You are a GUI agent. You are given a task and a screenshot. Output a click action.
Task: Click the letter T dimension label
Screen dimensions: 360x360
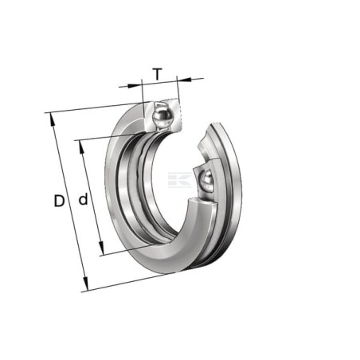click(x=158, y=74)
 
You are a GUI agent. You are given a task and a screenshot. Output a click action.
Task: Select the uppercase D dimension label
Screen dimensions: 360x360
click(x=59, y=201)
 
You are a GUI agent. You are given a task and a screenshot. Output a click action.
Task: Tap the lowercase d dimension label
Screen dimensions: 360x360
click(x=83, y=199)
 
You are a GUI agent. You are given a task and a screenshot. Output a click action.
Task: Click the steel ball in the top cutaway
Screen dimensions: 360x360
click(x=162, y=116)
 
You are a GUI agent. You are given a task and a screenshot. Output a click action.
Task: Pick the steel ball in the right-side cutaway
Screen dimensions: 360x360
click(x=207, y=181)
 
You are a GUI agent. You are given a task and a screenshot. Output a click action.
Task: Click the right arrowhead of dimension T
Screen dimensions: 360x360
click(x=184, y=79)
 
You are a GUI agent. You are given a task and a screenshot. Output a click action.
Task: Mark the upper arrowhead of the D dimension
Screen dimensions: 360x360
click(x=52, y=119)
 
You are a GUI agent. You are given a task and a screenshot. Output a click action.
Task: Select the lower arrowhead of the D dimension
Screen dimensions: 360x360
click(x=85, y=284)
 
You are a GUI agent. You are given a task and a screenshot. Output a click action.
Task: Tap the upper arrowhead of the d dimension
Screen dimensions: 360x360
click(x=82, y=147)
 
